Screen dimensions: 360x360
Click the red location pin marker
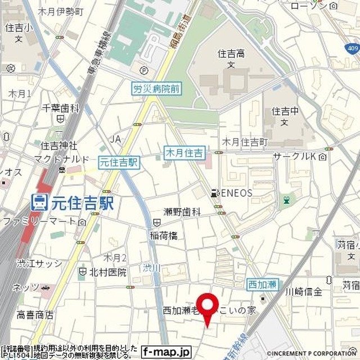click(x=208, y=307)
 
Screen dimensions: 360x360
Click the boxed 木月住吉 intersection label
click(x=184, y=152)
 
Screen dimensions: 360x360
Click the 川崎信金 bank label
click(x=304, y=291)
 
